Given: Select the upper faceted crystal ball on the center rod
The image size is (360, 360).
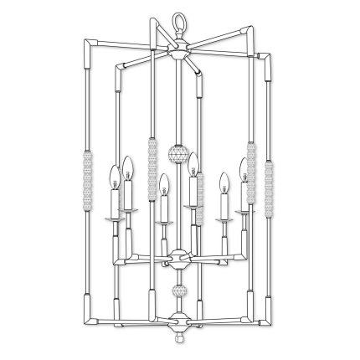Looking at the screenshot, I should tap(177, 154).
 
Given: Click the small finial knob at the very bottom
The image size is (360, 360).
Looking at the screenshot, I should tap(177, 343).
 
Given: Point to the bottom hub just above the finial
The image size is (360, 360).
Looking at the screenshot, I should tap(177, 320).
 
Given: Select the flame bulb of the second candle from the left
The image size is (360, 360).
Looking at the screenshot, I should tap(128, 165).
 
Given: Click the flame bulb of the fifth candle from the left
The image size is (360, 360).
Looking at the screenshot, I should tap(224, 182).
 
